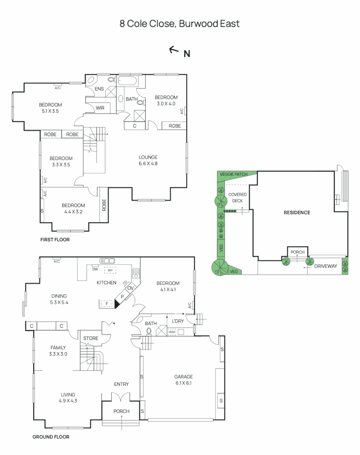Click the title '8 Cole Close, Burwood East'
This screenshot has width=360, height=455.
pos(180,24)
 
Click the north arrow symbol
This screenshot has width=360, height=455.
pos(173,50)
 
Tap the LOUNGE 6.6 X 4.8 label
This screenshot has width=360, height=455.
pos(148,161)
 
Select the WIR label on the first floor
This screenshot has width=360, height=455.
pos(100,108)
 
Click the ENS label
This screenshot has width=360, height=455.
pos(99,89)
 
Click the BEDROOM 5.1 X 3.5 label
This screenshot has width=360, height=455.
pos(51,108)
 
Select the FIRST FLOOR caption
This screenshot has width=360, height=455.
pos(55,240)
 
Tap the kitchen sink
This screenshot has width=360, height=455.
pos(107,261)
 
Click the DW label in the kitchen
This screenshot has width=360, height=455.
pos(95,269)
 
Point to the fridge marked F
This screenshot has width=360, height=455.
pos(107,303)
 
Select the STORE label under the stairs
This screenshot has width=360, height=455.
pos(91,338)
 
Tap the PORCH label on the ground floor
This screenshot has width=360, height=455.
pos(121,411)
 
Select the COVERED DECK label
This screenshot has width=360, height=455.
pos(238,198)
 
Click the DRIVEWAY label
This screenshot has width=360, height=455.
pos(326,266)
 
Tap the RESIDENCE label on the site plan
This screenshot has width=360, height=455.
pos(296,212)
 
